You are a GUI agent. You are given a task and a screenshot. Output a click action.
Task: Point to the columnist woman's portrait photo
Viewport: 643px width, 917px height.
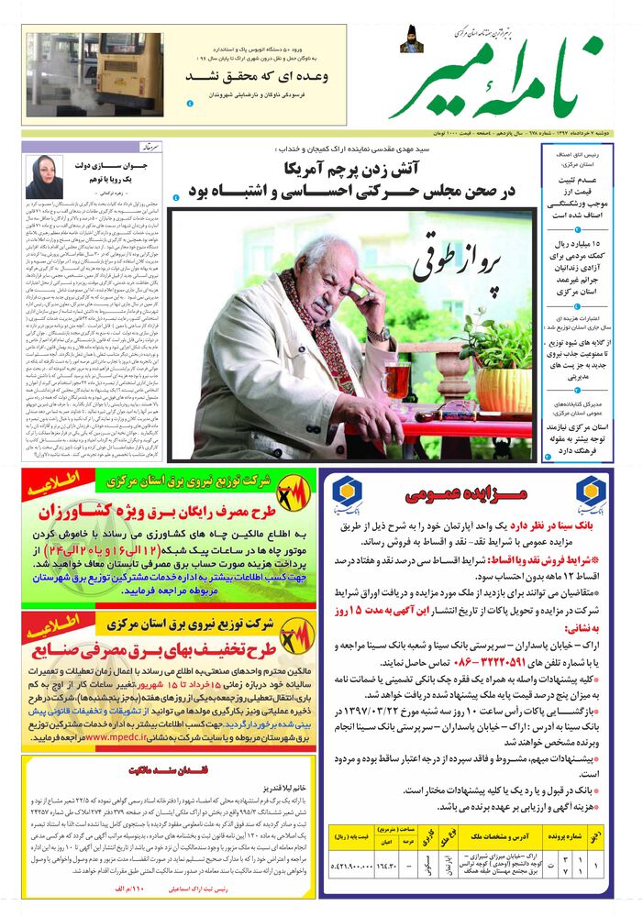pyautogui.click(x=44, y=175)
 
